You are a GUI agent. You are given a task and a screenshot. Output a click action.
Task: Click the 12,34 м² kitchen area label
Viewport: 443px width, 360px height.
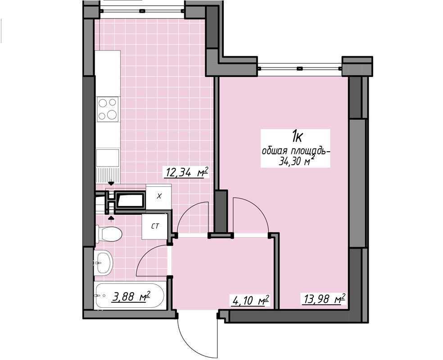(186, 172)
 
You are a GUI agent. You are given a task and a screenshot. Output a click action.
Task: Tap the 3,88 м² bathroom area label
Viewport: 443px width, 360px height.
(131, 297)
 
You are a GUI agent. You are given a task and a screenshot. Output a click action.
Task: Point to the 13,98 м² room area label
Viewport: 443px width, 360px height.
(324, 299)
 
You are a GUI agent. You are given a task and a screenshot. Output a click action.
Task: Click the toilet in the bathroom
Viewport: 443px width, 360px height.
(108, 234)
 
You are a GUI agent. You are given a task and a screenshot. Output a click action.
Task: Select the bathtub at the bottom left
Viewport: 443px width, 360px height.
(129, 296)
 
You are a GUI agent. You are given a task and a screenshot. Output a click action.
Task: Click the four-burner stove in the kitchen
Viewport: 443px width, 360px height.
(108, 109)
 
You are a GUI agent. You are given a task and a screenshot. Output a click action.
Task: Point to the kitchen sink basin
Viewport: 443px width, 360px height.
(108, 157)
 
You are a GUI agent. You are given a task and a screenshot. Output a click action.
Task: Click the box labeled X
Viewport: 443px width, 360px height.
(158, 197)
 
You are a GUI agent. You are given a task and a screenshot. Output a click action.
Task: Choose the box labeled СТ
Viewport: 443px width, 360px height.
(154, 226)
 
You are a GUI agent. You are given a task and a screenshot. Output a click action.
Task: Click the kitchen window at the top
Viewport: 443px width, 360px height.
(142, 11)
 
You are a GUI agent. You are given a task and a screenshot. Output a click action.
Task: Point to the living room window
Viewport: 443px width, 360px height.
(300, 68)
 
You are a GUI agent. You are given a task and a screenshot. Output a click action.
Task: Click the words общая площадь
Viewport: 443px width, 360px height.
(296, 152)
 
